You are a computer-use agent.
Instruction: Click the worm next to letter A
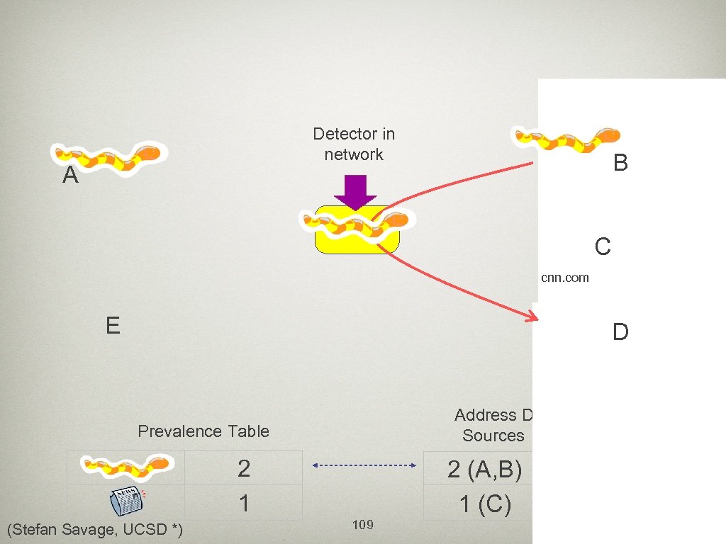point(112,158)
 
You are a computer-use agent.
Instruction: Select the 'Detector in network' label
point(354,144)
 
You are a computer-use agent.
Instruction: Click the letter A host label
point(69,176)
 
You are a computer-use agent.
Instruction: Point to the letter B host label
point(620,164)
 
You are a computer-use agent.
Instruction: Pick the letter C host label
point(603,247)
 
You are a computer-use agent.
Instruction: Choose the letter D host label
point(620,332)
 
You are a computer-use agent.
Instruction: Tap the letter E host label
point(112,326)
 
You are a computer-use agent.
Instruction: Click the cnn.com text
point(564,278)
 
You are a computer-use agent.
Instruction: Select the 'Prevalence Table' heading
point(203,431)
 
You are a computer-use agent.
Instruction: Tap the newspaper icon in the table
point(126,502)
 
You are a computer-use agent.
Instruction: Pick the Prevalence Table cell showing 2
point(244,467)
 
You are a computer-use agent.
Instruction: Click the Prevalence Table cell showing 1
point(244,503)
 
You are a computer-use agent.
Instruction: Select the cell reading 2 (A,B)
point(485,469)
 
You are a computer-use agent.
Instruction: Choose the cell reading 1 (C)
point(485,504)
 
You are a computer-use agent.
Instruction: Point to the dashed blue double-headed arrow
point(364,465)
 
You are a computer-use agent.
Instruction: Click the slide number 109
point(362,525)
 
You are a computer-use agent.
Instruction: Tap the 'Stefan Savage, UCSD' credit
point(94,529)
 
